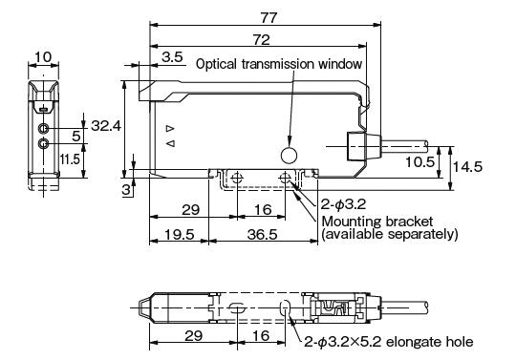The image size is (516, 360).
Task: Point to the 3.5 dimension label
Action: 173,59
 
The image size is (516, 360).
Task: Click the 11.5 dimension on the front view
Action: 70,159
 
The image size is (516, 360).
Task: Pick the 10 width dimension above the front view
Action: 41,58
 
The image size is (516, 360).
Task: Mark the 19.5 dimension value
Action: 174,233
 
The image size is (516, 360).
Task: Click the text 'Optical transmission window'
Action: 279,65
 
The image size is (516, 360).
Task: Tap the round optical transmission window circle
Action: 289,154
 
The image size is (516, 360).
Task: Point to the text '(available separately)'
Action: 389,234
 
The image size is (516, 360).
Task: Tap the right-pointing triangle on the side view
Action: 169,128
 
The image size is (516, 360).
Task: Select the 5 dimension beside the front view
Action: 75,137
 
